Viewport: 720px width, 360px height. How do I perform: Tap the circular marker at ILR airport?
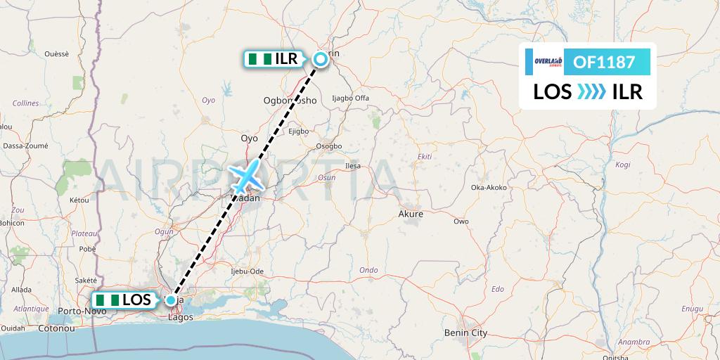pos(321,59)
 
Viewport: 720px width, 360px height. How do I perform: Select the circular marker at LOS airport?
pos(171,300)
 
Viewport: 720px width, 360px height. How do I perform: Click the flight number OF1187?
pos(605,63)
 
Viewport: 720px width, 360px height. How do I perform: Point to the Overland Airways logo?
pos(544,62)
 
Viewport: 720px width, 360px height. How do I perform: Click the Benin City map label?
pos(465,333)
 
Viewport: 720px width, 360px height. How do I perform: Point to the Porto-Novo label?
pos(77,310)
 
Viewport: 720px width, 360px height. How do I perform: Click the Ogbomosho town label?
pos(290,100)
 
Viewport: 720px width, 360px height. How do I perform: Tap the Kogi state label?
pos(623,165)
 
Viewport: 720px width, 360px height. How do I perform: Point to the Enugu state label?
pos(692,309)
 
